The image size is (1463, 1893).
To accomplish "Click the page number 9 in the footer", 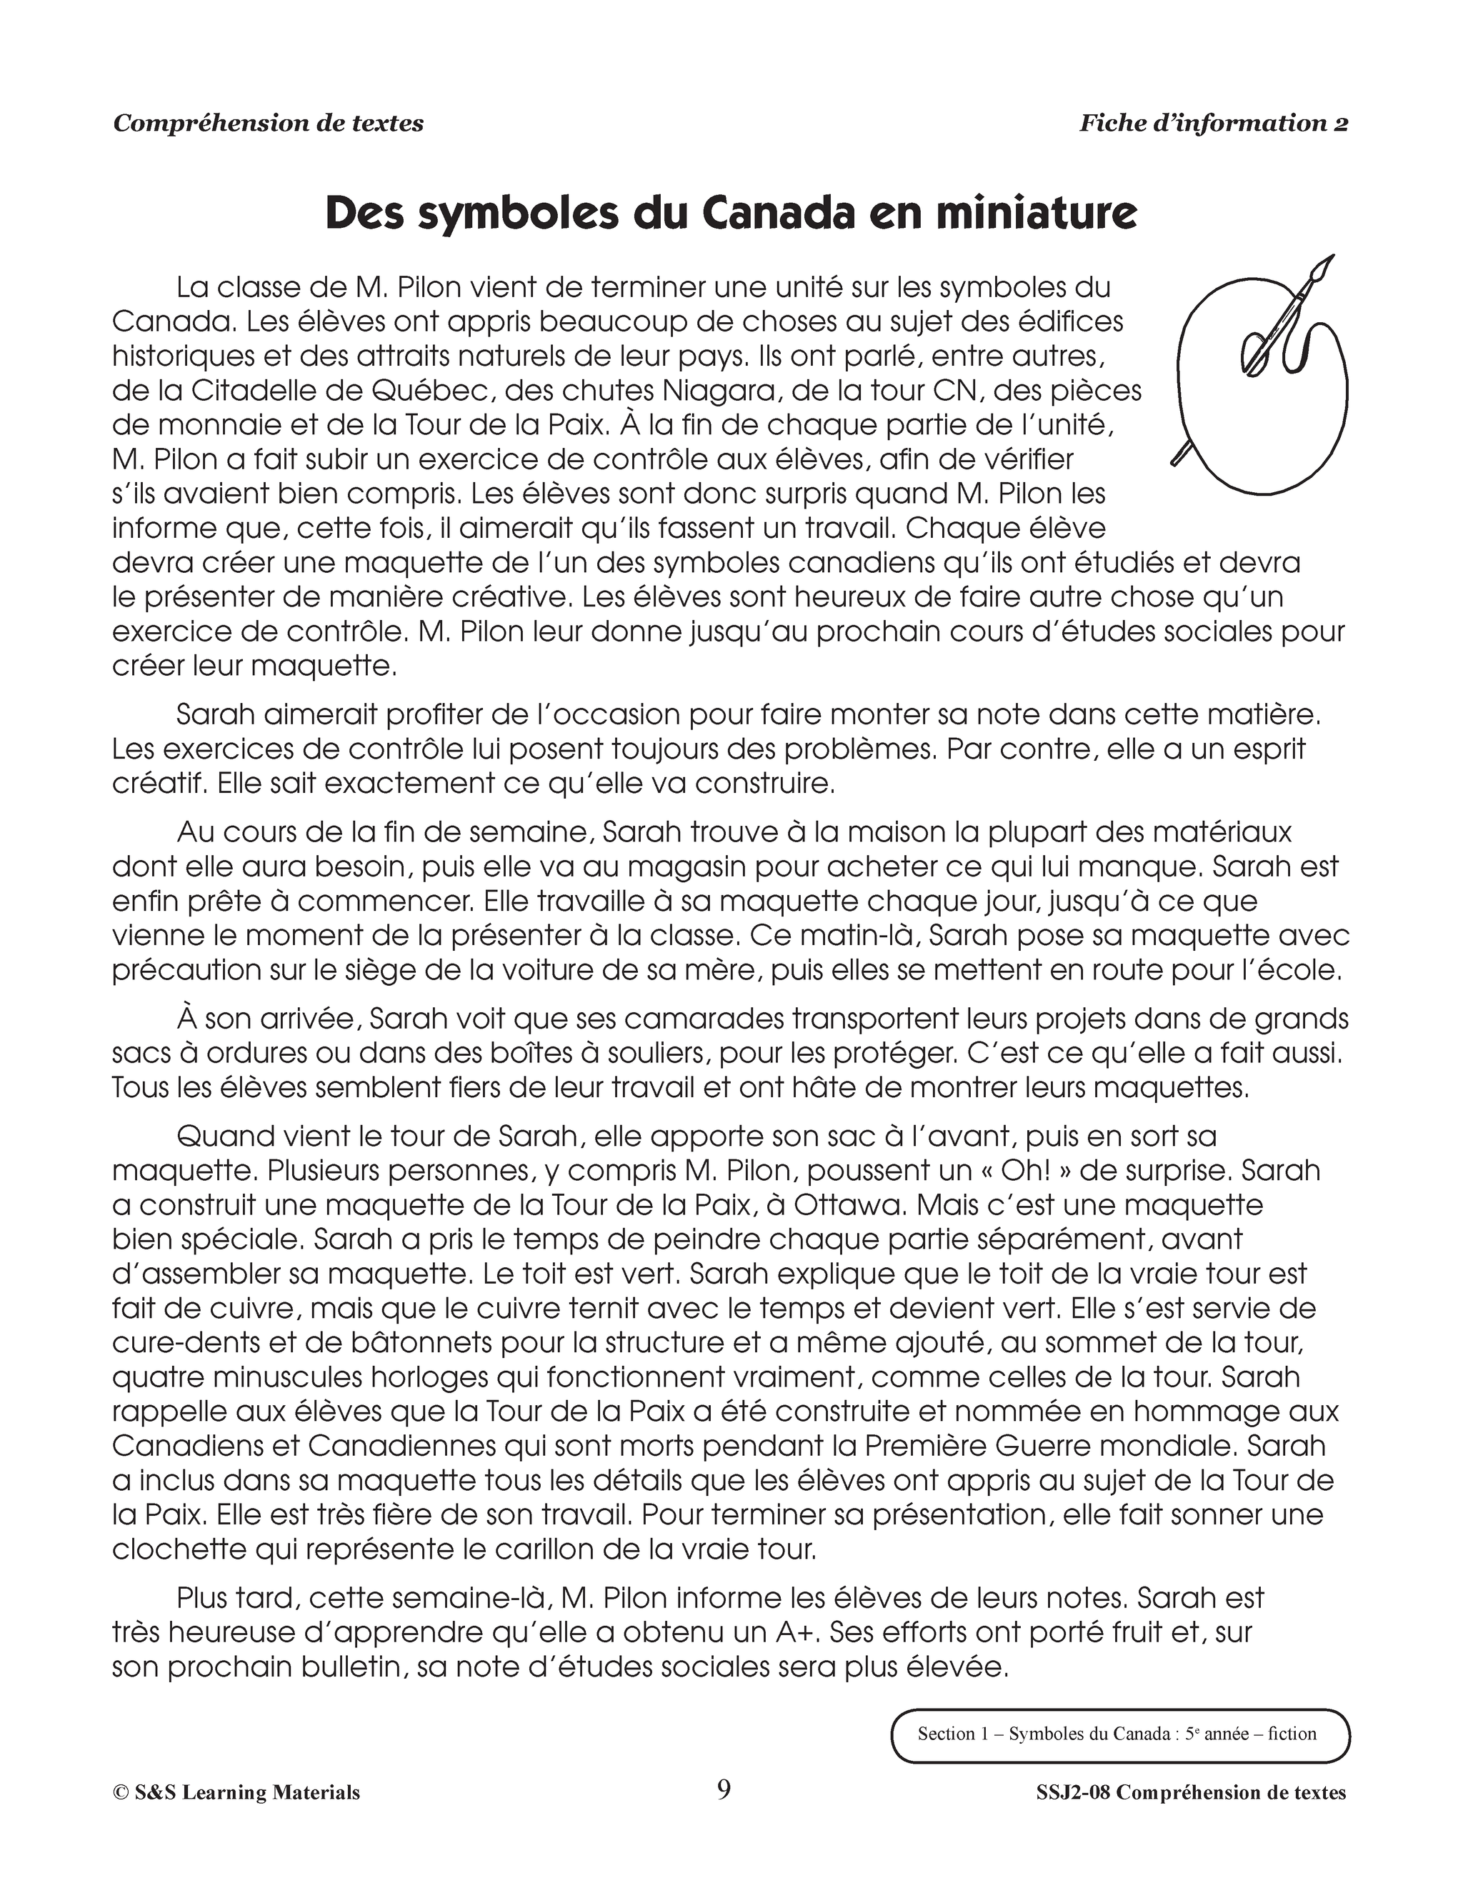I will (724, 1789).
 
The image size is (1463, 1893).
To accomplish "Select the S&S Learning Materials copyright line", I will (236, 1792).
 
